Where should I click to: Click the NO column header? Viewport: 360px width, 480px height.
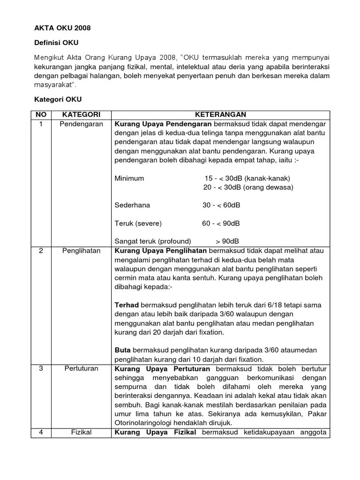[41, 114]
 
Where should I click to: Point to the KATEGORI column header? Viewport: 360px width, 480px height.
[81, 114]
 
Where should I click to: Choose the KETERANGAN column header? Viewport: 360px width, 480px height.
[220, 114]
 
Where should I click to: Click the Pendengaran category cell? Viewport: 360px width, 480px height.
[81, 124]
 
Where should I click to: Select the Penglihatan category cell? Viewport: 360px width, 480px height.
[81, 251]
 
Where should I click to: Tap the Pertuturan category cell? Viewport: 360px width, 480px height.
[81, 368]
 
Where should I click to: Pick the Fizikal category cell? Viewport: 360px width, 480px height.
[81, 432]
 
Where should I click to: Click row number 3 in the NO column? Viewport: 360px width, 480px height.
[41, 368]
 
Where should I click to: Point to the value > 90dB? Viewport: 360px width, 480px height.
[227, 241]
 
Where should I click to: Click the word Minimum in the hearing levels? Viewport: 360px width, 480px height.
[129, 179]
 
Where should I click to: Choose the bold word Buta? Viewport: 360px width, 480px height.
[123, 350]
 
